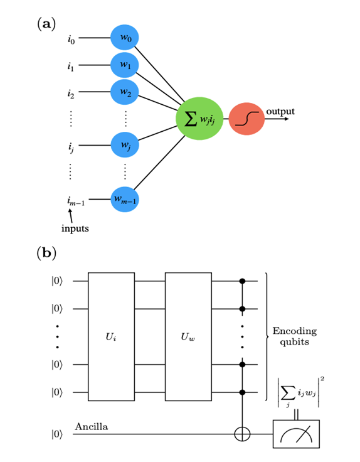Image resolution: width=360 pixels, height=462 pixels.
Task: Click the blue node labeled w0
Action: tap(124, 38)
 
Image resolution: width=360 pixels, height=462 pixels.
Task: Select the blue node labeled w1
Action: tap(124, 65)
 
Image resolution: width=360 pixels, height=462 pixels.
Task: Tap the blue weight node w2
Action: tap(124, 92)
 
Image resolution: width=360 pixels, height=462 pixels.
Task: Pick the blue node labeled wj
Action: tap(124, 146)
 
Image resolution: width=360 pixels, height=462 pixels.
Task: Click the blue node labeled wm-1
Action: tap(124, 200)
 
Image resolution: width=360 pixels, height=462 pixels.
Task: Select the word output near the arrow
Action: tap(280, 111)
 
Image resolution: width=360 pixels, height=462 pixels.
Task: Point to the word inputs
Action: tap(75, 228)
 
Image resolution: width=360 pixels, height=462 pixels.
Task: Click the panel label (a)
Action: tap(46, 24)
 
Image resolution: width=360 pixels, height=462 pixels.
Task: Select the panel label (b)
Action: tap(46, 254)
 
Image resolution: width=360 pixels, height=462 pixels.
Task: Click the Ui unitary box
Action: tap(111, 336)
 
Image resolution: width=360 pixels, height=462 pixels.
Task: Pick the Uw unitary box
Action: tap(188, 336)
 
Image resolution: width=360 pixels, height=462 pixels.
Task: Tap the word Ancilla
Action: tap(92, 427)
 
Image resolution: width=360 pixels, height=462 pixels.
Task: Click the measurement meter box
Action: tap(295, 434)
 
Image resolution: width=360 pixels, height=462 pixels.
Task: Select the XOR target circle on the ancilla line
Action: tap(243, 434)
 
